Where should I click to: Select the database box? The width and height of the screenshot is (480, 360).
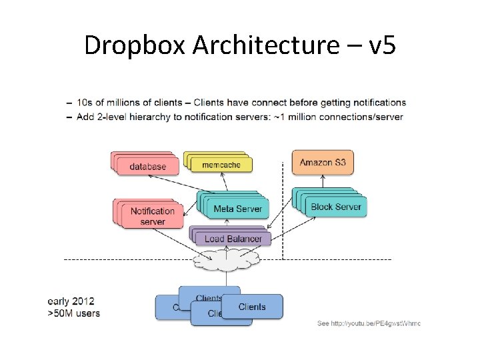[148, 166]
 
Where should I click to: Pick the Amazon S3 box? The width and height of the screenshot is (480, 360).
[322, 162]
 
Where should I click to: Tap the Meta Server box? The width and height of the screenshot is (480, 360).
[237, 209]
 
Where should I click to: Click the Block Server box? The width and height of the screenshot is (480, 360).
[335, 207]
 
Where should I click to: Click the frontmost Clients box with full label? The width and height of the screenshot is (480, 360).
[252, 307]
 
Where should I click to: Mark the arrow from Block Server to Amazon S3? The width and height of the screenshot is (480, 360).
[323, 182]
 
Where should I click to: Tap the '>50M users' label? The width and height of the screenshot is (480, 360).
[73, 313]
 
